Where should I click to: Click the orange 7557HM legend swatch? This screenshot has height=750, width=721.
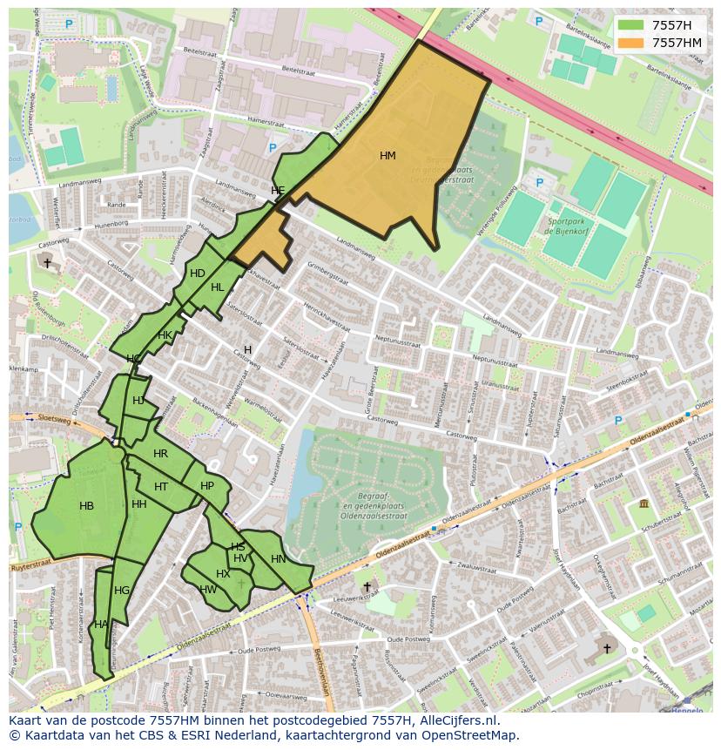630,43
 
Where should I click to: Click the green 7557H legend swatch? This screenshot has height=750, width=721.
630,25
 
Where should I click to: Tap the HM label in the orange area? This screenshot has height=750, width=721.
387,156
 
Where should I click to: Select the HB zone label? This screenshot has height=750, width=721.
86,506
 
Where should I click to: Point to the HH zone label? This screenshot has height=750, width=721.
138,504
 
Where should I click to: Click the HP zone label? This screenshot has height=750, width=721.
207,487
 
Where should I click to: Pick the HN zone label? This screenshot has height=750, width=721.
278,559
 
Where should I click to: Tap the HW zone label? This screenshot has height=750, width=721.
208,590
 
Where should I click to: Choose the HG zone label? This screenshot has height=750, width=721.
122,591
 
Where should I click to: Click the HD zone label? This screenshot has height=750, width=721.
198,274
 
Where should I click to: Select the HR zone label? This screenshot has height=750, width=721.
160,454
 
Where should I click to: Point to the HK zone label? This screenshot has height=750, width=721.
165,335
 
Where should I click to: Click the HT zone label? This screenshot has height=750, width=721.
161,487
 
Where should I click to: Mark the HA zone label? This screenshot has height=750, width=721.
101,625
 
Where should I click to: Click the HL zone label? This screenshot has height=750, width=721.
217,287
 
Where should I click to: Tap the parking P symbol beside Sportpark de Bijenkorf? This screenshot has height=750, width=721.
540,183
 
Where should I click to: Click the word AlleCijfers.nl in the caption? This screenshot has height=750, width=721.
468,720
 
